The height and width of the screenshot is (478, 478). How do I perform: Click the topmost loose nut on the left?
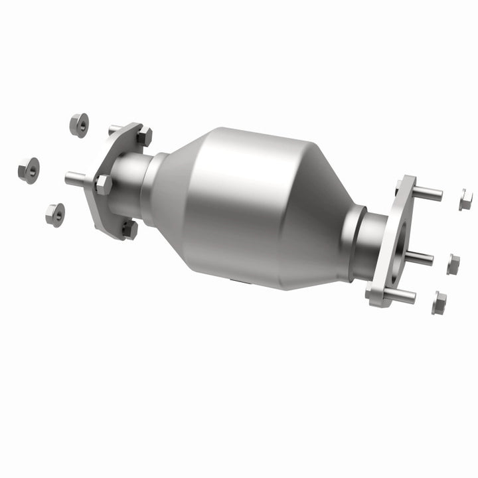click(79, 125)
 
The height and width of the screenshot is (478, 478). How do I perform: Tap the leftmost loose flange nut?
click(28, 169)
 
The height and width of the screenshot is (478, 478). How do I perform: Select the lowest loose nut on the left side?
click(55, 214)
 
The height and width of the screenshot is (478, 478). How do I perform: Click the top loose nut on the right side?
click(465, 200)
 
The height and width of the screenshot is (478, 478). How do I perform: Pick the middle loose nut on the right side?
click(453, 264)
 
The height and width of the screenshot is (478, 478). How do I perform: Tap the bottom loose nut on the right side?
click(439, 303)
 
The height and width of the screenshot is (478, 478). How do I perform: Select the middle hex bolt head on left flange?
click(103, 184)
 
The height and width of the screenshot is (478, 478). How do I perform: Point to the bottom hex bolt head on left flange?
click(129, 230)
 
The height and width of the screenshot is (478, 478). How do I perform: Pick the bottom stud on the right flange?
click(400, 296)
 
